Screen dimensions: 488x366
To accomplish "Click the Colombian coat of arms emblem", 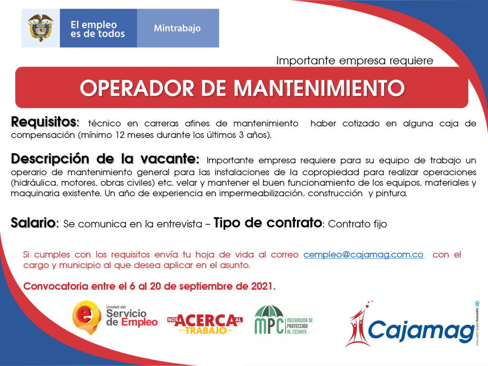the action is pos(41,28).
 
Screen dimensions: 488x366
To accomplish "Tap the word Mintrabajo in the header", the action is pos(177,28).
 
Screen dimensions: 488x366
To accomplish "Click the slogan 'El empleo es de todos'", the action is pos(97,29).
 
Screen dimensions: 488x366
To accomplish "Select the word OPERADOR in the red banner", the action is pos(137,88).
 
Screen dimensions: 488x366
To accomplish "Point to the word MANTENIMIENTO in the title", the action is pos(319,88).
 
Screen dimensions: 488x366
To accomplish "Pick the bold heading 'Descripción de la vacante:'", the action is pos(105,159).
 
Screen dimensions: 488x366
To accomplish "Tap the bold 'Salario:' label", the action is pos(34,223).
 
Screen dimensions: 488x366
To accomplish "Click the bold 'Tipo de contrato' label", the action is pos(268,223).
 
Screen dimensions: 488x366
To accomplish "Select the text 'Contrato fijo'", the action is pos(357,224).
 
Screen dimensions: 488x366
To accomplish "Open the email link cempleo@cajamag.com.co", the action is pos(364,255).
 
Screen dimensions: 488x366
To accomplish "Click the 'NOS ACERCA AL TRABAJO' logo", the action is pos(205,324).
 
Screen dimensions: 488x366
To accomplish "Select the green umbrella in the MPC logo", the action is pos(269,312).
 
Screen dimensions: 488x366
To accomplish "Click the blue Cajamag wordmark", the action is pos(421,331).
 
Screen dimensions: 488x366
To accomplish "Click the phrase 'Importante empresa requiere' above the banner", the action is pos(355,60).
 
